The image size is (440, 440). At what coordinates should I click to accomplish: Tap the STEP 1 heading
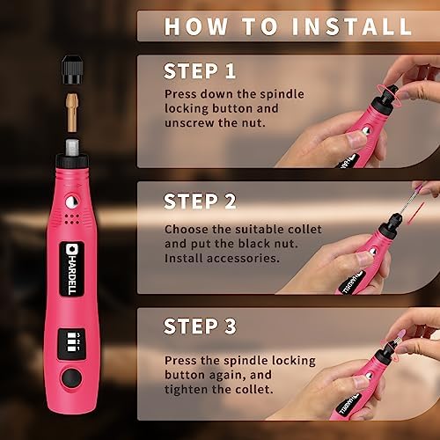pyautogui.click(x=200, y=70)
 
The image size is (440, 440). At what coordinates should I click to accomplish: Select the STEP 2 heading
pyautogui.click(x=200, y=201)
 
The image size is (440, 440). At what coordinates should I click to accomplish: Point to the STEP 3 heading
pyautogui.click(x=200, y=326)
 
